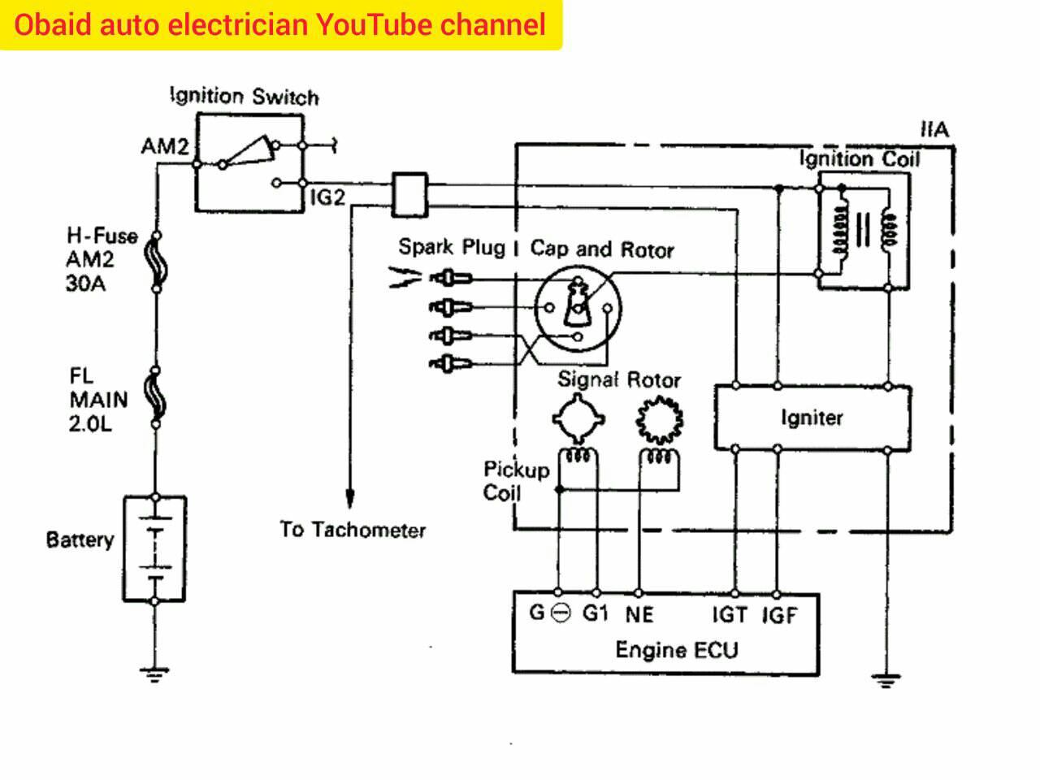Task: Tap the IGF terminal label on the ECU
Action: (x=779, y=615)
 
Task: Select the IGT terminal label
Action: (x=730, y=615)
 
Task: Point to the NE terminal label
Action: (x=639, y=615)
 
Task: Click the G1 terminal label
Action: (x=595, y=613)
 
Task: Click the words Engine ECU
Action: (x=677, y=650)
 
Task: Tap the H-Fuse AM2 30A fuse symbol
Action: (x=156, y=262)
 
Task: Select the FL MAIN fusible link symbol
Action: (x=155, y=396)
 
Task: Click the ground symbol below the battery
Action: (x=154, y=674)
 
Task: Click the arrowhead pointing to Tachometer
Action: (x=350, y=497)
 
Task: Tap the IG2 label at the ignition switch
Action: (x=327, y=197)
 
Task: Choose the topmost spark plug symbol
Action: (x=450, y=278)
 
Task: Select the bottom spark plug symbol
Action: (x=450, y=364)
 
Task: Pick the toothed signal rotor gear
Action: (x=660, y=419)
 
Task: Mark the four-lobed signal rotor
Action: (x=578, y=418)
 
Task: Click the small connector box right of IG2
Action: (x=409, y=195)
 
